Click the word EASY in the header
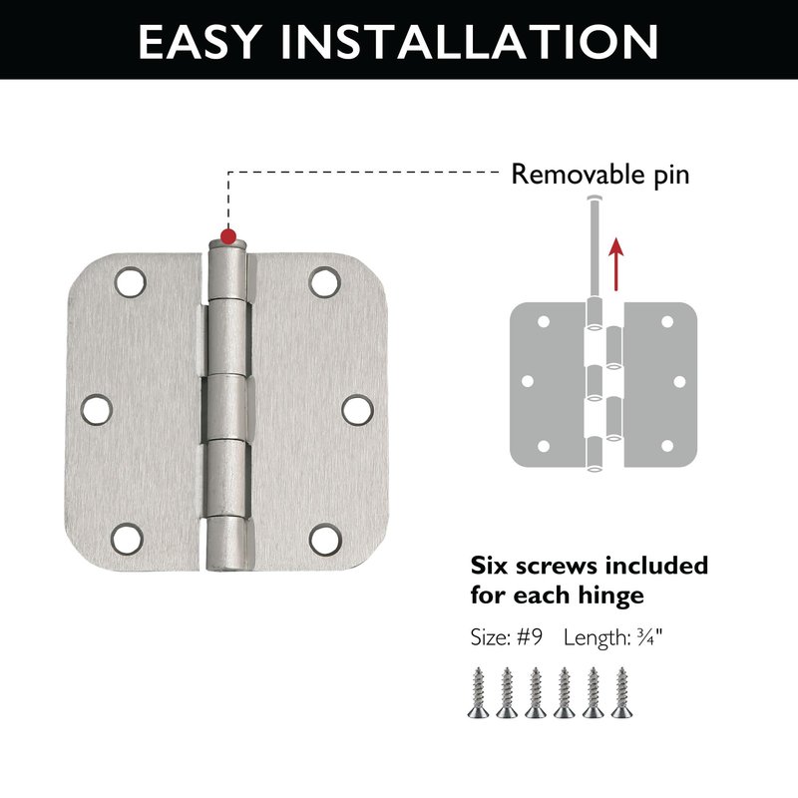(200, 42)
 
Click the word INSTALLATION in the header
(470, 42)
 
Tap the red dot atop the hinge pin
(228, 236)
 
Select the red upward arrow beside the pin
(616, 263)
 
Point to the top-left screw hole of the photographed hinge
(131, 282)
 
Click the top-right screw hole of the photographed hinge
(325, 282)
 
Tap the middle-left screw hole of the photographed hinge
(96, 409)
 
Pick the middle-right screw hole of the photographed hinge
(357, 410)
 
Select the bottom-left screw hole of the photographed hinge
(128, 539)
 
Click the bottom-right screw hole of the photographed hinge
(325, 540)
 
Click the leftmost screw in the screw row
(479, 692)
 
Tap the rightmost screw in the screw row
(621, 692)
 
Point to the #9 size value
(530, 637)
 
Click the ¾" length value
(649, 637)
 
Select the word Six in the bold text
(489, 566)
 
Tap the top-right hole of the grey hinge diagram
(667, 321)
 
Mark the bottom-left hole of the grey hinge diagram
(544, 446)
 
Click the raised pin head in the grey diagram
(594, 197)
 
